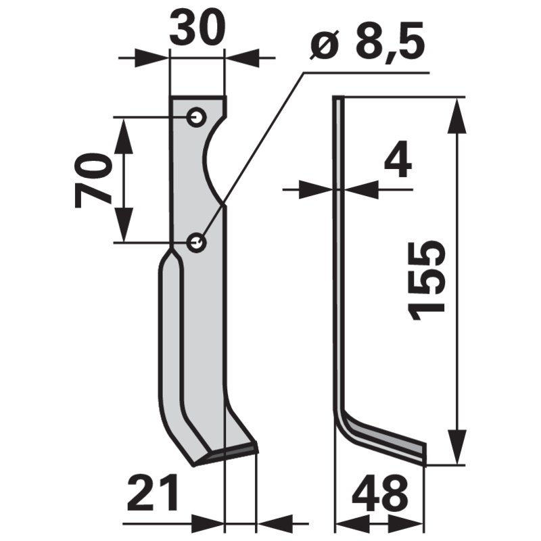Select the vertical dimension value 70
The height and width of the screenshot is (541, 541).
93,180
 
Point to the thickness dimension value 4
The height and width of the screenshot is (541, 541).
398,164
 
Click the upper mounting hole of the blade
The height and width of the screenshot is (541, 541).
197,118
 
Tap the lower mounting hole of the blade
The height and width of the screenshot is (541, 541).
197,241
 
